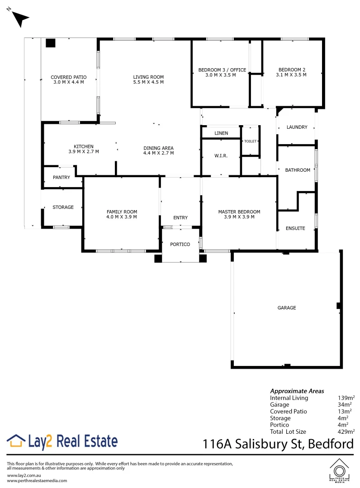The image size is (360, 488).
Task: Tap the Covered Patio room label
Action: pos(68,77)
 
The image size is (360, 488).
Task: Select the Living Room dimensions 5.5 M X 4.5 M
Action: pos(148,82)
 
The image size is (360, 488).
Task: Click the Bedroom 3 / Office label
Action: pos(222,70)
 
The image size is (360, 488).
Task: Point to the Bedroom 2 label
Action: pos(292,70)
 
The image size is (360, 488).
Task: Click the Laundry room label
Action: pos(297,127)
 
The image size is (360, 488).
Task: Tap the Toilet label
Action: pos(250,141)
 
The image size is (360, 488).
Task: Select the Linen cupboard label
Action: pos(221,133)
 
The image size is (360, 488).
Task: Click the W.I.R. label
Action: pos(221,156)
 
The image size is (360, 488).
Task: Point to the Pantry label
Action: pos(62,178)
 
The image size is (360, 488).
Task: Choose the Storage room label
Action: pos(63,207)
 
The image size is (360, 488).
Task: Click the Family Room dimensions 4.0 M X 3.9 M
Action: pos(122,217)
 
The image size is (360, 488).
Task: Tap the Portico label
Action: pos(180,244)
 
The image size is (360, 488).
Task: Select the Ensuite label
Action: pos(295,229)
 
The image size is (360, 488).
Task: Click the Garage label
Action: pos(287,308)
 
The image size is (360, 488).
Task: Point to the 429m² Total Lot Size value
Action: pos(346,432)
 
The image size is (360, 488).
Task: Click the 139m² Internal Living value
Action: pos(346,398)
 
